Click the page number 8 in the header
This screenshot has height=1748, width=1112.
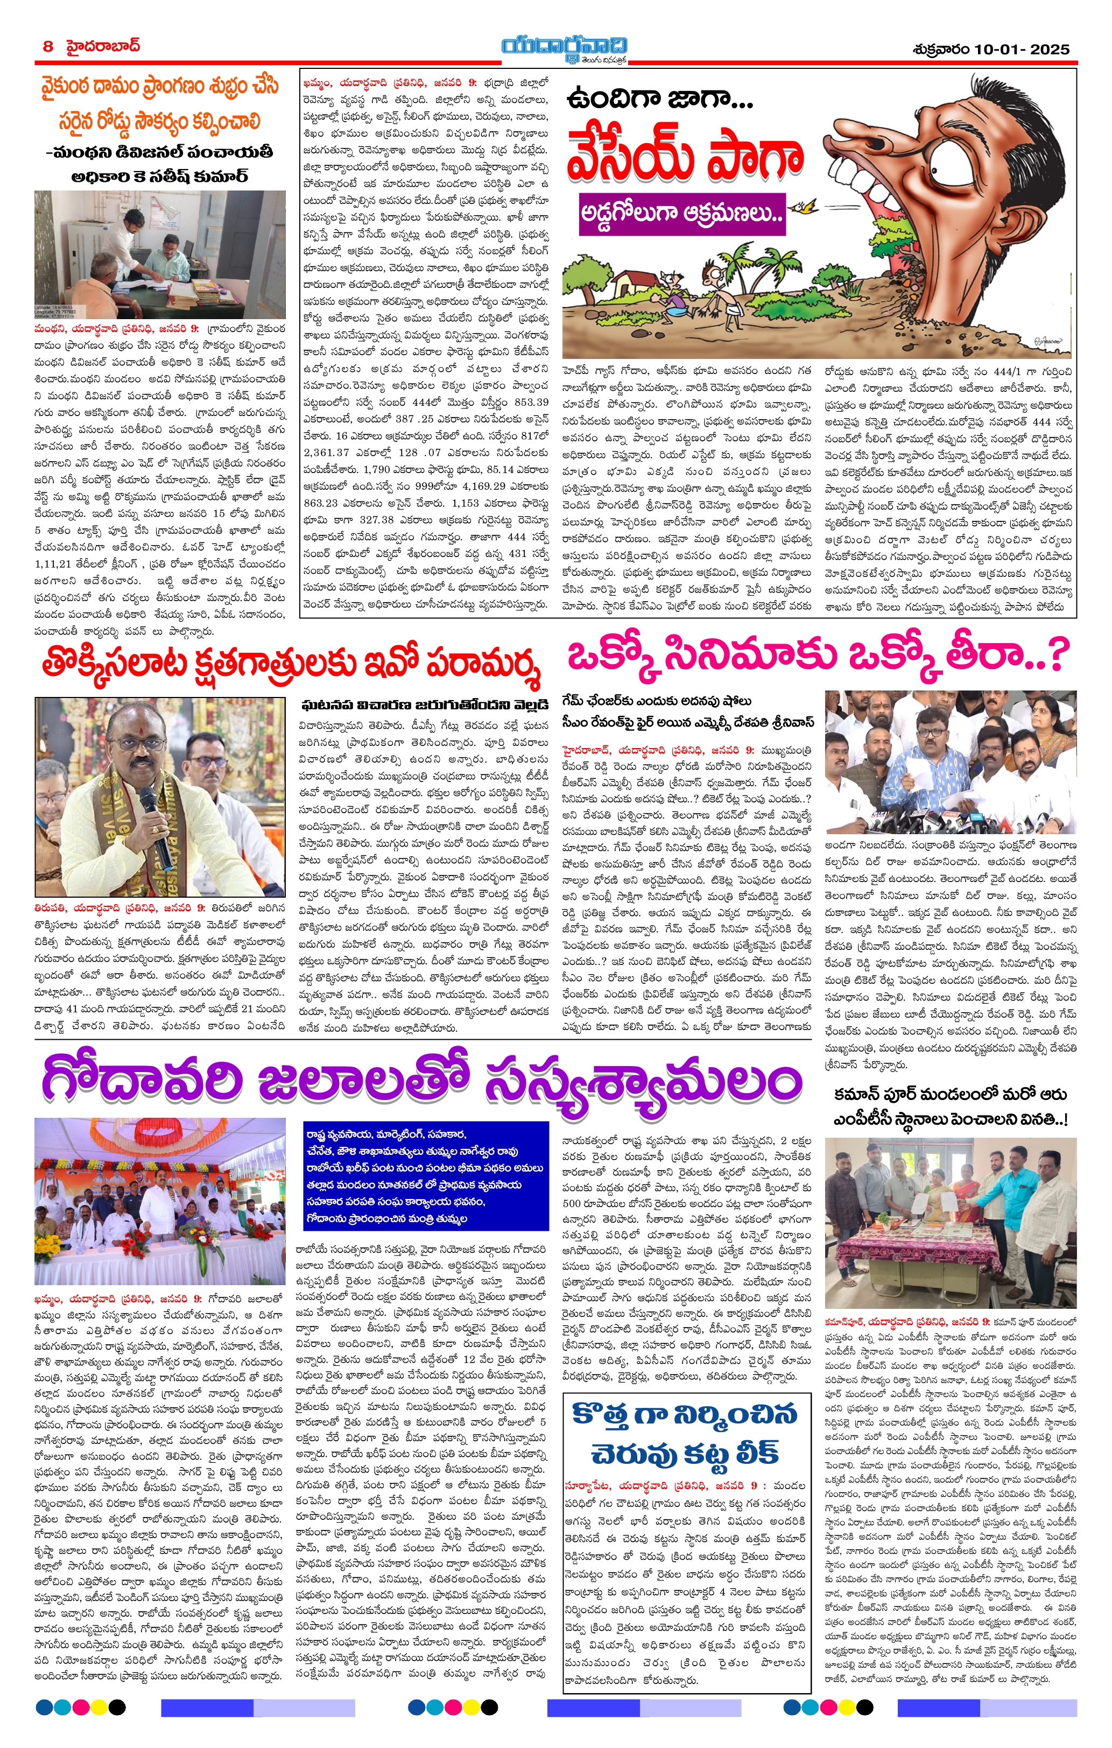(x=48, y=46)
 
